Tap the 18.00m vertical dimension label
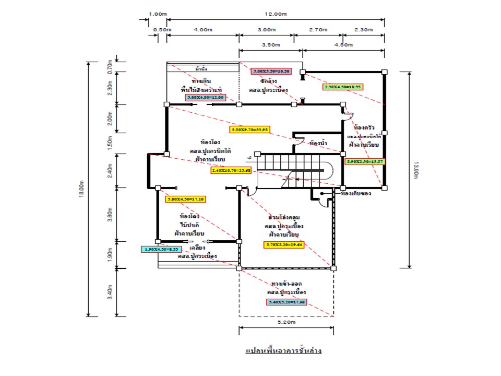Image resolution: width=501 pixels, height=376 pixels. click(81, 189)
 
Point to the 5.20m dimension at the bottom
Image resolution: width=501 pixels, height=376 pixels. click(286, 323)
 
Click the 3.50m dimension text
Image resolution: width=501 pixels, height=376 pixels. click(270, 45)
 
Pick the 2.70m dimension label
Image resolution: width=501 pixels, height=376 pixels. click(318, 30)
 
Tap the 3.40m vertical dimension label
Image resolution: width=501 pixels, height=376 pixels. click(110, 292)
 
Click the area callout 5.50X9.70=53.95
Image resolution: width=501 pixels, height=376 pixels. click(249, 130)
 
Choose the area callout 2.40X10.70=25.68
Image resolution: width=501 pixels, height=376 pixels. click(231, 170)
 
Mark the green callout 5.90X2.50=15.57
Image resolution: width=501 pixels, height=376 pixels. click(365, 162)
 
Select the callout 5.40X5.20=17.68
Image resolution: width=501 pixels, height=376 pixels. click(287, 302)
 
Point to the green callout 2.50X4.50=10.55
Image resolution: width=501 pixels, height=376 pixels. click(343, 87)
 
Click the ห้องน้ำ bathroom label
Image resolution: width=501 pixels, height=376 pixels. click(318, 143)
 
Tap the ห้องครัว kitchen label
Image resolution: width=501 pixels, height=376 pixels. click(364, 127)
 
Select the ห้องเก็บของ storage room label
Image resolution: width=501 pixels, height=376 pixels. click(355, 193)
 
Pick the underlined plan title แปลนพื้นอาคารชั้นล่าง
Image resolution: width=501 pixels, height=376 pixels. click(283, 350)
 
